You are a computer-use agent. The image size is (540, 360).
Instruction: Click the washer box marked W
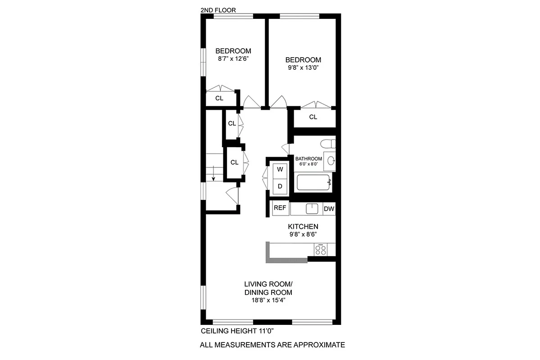pyautogui.click(x=280, y=170)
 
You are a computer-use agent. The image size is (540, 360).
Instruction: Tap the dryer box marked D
pyautogui.click(x=280, y=186)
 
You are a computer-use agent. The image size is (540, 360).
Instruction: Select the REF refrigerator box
pyautogui.click(x=280, y=208)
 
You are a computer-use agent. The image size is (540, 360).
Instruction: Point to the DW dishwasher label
pyautogui.click(x=329, y=209)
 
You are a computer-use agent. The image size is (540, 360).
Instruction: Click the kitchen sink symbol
pyautogui.click(x=312, y=209)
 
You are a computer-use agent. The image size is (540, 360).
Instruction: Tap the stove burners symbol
pyautogui.click(x=321, y=249)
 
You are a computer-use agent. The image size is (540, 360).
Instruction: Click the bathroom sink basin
pyautogui.click(x=331, y=160)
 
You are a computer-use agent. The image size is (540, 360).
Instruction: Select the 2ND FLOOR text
pyautogui.click(x=218, y=10)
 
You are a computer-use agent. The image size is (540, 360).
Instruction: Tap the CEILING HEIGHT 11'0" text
pyautogui.click(x=237, y=331)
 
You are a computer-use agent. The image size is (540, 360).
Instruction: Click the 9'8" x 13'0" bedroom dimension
pyautogui.click(x=304, y=68)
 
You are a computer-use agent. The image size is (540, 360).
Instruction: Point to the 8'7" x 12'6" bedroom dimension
pyautogui.click(x=233, y=59)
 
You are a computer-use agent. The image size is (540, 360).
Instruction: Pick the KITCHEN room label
pyautogui.click(x=303, y=226)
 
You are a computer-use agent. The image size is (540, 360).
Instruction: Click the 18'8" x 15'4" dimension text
pyautogui.click(x=268, y=300)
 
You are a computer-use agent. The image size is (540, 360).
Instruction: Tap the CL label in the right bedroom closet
pyautogui.click(x=313, y=117)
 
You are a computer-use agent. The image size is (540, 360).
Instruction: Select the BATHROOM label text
pyautogui.click(x=309, y=158)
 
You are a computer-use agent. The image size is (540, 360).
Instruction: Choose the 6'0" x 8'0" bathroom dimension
pyautogui.click(x=309, y=164)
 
